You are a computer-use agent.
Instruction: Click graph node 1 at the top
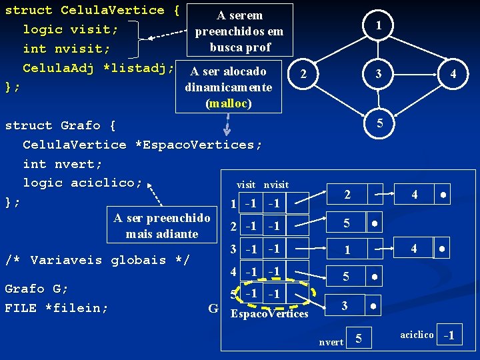pyautogui.click(x=379, y=25)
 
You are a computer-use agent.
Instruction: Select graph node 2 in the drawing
pyautogui.click(x=304, y=74)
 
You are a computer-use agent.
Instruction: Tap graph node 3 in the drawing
pyautogui.click(x=379, y=74)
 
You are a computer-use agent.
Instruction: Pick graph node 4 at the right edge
pyautogui.click(x=453, y=74)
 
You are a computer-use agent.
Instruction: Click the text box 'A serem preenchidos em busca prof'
pyautogui.click(x=240, y=31)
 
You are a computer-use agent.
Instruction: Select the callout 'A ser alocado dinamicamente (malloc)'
pyautogui.click(x=228, y=87)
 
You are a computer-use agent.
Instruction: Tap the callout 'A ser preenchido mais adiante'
pyautogui.click(x=162, y=225)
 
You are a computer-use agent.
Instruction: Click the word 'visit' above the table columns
pyautogui.click(x=246, y=185)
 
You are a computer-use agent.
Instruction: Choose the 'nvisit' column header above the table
pyautogui.click(x=276, y=185)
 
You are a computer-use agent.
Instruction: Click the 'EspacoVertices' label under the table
pyautogui.click(x=269, y=313)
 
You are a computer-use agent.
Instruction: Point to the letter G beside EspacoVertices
pyautogui.click(x=213, y=308)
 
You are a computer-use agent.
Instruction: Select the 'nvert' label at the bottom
pyautogui.click(x=331, y=342)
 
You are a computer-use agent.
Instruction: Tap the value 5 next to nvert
pyautogui.click(x=359, y=340)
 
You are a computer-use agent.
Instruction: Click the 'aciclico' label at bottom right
pyautogui.click(x=417, y=335)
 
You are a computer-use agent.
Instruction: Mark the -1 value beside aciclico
pyautogui.click(x=449, y=335)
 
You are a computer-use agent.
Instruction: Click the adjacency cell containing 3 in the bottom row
pyautogui.click(x=345, y=305)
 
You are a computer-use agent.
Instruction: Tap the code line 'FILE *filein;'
pyautogui.click(x=57, y=308)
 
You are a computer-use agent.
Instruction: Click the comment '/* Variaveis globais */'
pyautogui.click(x=97, y=260)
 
